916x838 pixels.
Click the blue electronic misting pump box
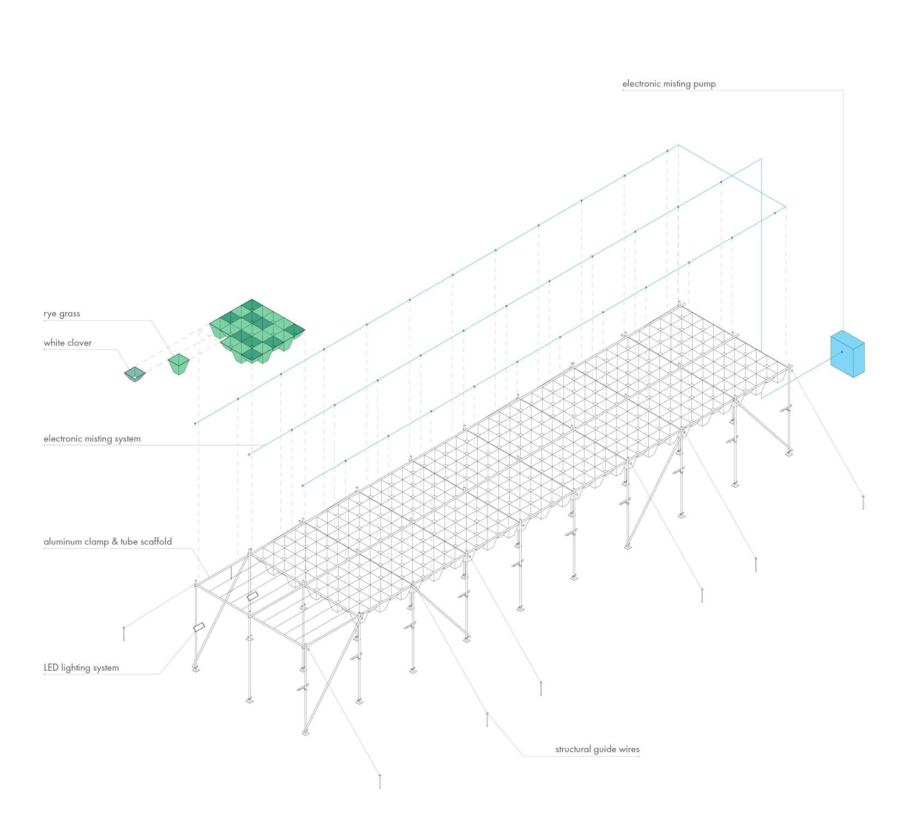point(847,354)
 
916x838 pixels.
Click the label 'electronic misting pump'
point(669,84)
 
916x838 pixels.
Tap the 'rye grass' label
point(62,314)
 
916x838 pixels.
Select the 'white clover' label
point(68,343)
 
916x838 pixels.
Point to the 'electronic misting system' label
point(92,439)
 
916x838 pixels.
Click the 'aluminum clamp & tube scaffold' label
point(108,542)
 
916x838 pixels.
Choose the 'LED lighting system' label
point(81,667)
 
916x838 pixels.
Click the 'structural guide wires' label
point(598,749)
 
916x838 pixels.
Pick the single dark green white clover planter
point(134,374)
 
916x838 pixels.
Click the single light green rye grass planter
point(179,363)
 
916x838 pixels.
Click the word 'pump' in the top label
point(704,84)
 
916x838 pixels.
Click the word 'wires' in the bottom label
point(629,749)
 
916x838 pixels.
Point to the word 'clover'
point(80,343)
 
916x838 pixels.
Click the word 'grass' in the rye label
point(69,314)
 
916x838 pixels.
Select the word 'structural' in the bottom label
point(574,749)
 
